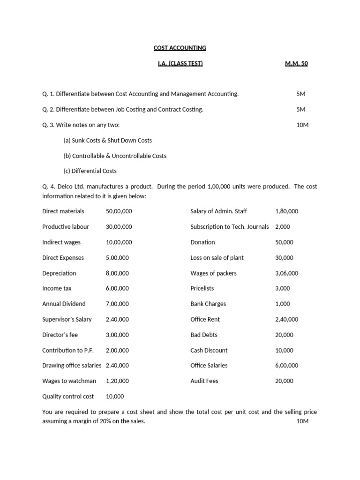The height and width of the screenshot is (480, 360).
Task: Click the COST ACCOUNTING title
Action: pos(180,48)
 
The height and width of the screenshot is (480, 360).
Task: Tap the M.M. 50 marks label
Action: pos(296,63)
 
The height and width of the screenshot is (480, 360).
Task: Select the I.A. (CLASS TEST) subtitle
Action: pos(180,63)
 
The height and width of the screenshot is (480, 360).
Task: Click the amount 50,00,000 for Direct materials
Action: pos(119,211)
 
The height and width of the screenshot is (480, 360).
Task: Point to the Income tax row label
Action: pos(57,288)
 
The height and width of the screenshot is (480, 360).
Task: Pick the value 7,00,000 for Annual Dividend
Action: pos(117,304)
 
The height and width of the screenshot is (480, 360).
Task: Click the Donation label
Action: pos(202,242)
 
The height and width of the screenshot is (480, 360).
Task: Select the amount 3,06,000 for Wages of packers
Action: pos(286,273)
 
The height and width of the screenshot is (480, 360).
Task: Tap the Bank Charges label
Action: pos(208,304)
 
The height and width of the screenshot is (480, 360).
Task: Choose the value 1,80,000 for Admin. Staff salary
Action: pos(286,211)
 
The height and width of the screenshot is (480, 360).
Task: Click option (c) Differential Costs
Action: pos(90,171)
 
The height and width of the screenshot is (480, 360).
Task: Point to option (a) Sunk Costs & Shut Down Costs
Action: pos(107,140)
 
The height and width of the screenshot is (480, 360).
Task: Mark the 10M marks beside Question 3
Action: pos(302,125)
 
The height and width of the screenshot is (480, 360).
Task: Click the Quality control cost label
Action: pos(68,397)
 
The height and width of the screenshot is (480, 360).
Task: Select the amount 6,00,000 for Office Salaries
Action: pos(286,366)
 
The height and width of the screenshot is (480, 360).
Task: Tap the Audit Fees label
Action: pos(204,381)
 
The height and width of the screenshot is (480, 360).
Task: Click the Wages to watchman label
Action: pos(69,381)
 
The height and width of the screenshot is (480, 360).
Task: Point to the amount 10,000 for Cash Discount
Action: pos(284,350)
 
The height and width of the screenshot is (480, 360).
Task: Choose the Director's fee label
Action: pos(60,335)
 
